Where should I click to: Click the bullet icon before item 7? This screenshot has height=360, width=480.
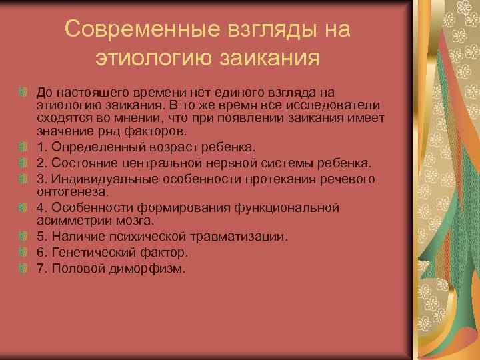tap(23, 268)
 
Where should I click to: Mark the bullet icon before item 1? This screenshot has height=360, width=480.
tap(23, 147)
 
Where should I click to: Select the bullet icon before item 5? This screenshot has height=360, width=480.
tap(23, 236)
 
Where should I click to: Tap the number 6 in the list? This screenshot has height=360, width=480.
tap(41, 252)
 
